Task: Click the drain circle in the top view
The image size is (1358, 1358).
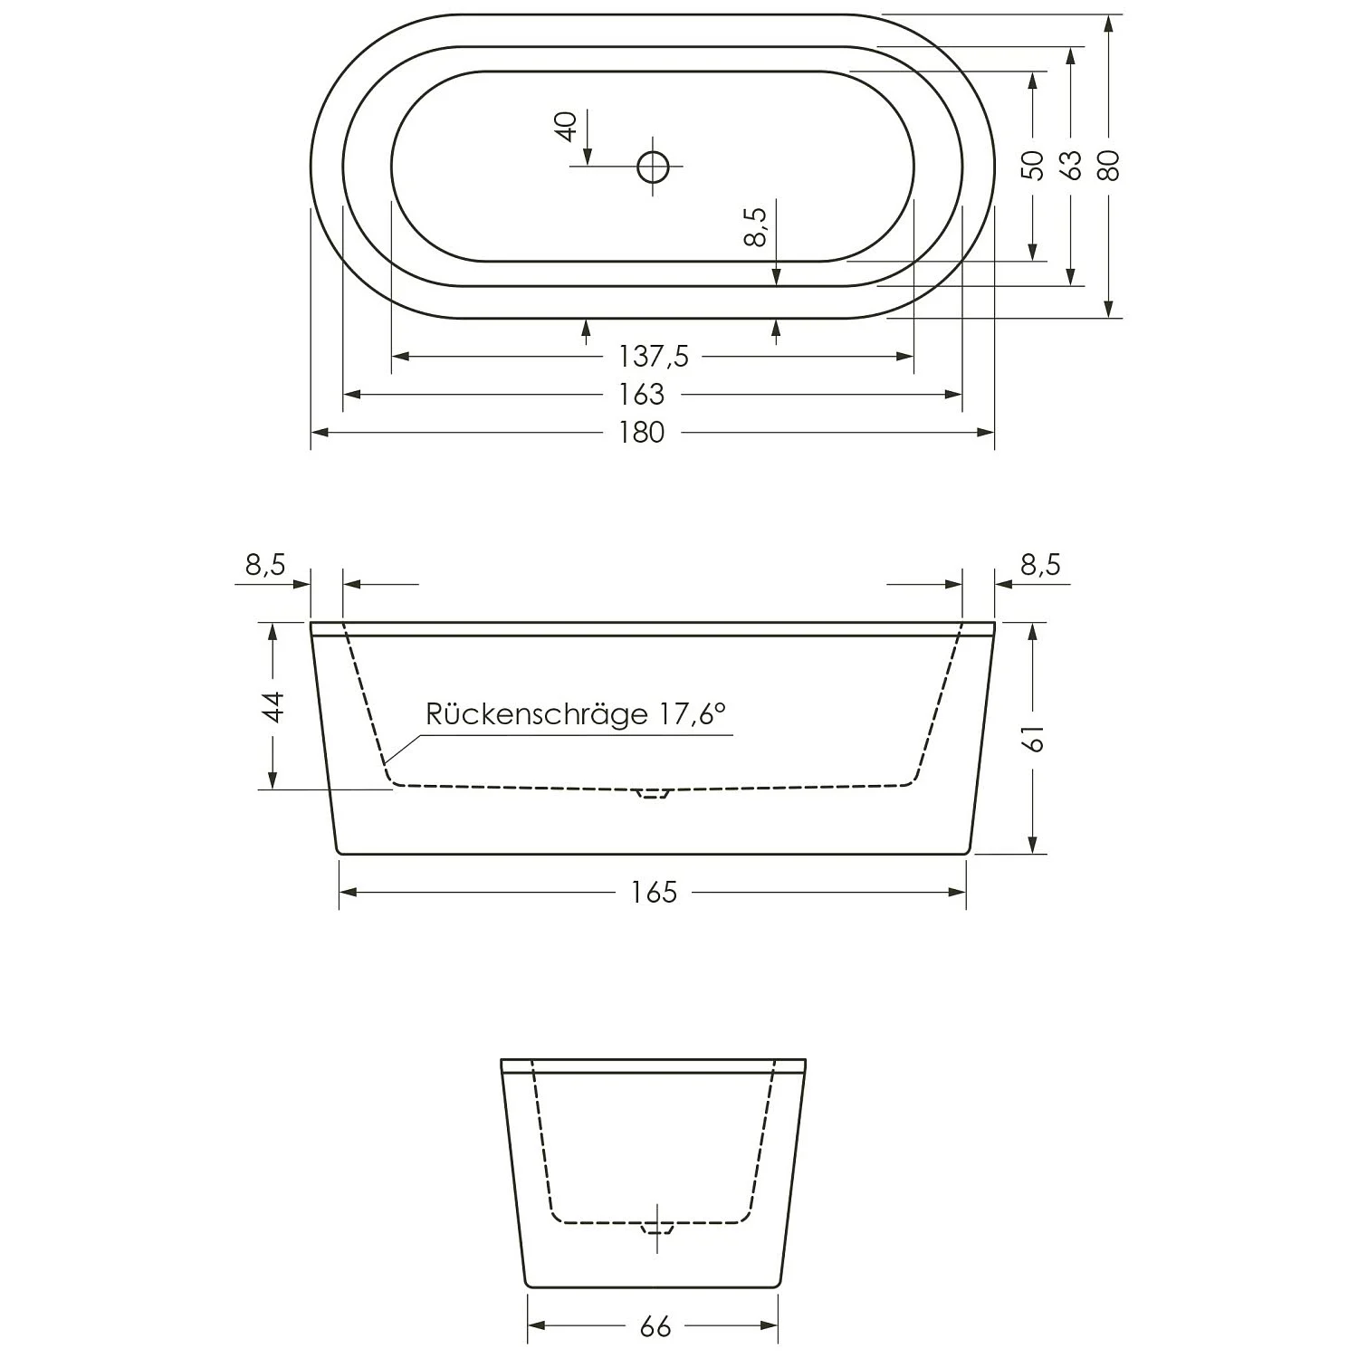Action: pos(653,167)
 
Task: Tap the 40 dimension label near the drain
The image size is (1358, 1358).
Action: pos(566,126)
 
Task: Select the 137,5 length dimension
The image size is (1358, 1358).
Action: pos(653,357)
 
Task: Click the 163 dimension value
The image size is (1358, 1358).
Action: pos(642,395)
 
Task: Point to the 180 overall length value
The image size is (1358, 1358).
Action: pos(642,433)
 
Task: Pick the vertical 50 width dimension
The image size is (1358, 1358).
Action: pos(1032,166)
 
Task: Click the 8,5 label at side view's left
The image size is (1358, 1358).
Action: pos(265,565)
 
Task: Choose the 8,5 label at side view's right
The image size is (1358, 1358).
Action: pos(1040,565)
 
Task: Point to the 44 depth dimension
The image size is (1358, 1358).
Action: pos(273,706)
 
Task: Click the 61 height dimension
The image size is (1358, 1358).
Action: pos(1035,738)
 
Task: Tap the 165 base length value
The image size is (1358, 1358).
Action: pos(654,893)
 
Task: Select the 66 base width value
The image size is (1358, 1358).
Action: pos(655,1327)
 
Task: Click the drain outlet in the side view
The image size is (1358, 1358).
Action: pos(652,794)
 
